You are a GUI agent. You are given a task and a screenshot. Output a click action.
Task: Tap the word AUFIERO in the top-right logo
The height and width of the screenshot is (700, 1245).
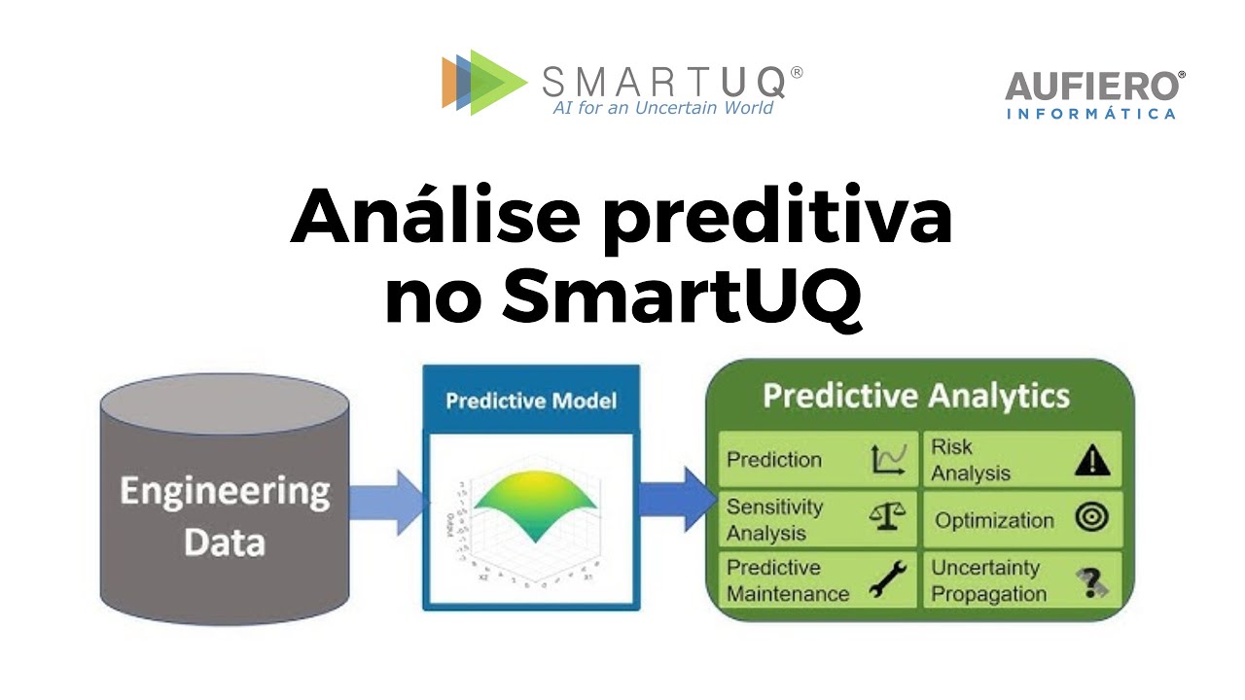(1094, 87)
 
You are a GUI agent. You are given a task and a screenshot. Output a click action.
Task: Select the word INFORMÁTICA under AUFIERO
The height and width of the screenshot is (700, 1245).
(1090, 115)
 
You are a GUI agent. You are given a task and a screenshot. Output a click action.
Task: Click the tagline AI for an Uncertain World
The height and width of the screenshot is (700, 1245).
(663, 108)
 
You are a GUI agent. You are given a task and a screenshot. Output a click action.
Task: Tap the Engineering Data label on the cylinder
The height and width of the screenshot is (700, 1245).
(224, 515)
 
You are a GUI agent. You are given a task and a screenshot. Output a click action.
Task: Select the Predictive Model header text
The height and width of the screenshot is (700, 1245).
(531, 401)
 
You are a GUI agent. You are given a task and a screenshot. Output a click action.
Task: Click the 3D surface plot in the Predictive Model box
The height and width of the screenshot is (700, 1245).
(530, 510)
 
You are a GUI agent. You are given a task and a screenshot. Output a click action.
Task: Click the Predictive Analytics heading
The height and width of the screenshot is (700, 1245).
(915, 397)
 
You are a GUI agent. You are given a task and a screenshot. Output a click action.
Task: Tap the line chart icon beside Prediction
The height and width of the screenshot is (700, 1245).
(889, 459)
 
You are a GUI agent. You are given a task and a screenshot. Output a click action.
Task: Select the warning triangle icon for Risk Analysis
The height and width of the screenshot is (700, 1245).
(1092, 460)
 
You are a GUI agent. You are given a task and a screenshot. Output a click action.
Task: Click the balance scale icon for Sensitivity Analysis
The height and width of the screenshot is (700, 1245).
(888, 519)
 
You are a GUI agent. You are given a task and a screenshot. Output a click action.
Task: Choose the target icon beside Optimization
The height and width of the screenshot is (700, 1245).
(1092, 519)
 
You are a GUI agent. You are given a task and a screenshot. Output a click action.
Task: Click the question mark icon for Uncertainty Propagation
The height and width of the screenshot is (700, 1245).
(1093, 581)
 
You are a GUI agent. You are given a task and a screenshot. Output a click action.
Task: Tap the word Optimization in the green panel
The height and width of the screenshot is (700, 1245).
(994, 520)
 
